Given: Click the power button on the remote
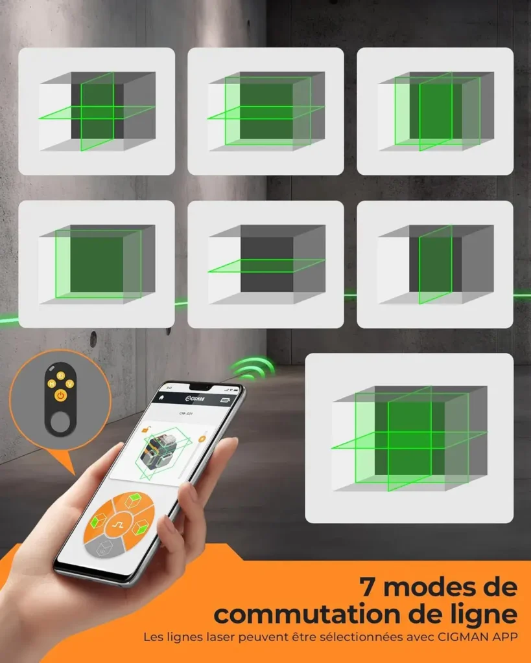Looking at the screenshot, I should click(x=60, y=394).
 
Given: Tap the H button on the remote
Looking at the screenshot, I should click(x=51, y=384).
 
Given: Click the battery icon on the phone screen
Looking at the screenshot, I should click(x=225, y=400).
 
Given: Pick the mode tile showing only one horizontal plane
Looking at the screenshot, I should click(x=265, y=264).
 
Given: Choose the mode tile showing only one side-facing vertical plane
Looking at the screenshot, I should click(x=434, y=264).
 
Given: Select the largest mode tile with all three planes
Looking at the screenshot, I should click(x=408, y=438).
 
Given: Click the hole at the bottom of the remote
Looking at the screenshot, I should click(x=60, y=421).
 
